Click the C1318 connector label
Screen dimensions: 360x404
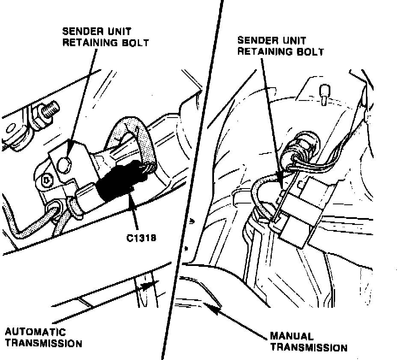[140, 237]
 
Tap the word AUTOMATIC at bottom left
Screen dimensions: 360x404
[36, 332]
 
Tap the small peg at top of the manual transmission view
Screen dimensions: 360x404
[324, 92]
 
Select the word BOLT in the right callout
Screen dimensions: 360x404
[311, 52]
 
